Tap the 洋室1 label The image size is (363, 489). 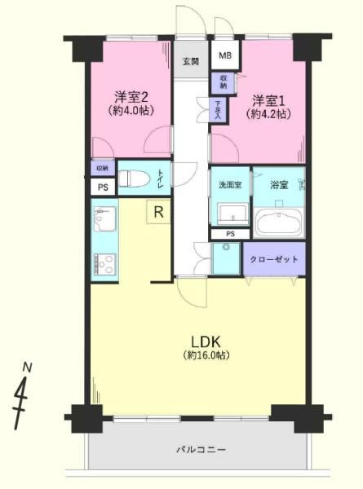(268, 100)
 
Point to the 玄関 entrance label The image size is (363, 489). (191, 61)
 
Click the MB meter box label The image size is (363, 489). (224, 57)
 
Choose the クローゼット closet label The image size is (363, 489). (274, 259)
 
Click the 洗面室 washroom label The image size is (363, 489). (228, 185)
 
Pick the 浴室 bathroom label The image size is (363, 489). (278, 185)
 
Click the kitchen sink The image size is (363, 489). (104, 220)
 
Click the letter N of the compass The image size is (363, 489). (27, 368)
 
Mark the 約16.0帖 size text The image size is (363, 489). (206, 355)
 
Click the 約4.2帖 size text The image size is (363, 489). (268, 114)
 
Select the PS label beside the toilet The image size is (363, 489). (103, 187)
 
